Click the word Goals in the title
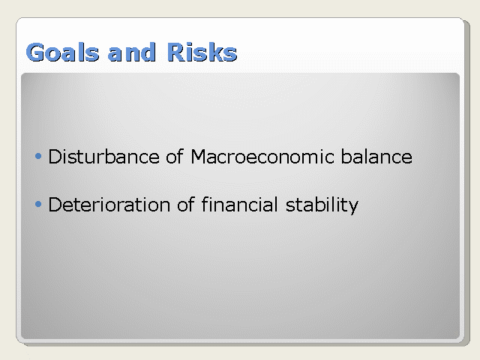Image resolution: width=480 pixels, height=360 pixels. click(x=63, y=52)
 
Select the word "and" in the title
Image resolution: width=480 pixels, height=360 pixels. click(x=132, y=52)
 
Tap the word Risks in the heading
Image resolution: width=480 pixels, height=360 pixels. click(x=202, y=52)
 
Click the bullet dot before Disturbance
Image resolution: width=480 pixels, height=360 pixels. click(x=38, y=157)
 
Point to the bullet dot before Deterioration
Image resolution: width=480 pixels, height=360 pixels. click(x=38, y=204)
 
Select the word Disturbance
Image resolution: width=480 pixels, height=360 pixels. click(x=104, y=157)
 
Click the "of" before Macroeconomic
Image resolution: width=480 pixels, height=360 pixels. click(x=175, y=156)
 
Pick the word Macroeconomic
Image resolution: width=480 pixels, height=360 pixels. click(x=262, y=157)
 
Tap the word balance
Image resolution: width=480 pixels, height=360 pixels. click(x=376, y=157)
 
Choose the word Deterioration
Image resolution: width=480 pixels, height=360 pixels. click(x=109, y=205)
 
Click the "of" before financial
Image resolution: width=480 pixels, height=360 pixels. click(x=185, y=204)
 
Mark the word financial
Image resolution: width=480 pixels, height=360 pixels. click(x=239, y=204)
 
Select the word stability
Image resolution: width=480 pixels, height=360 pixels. click(x=322, y=205)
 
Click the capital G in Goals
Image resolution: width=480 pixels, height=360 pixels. click(x=35, y=52)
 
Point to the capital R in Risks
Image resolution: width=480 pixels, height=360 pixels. click(x=176, y=52)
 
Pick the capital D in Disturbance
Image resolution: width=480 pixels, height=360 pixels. click(x=55, y=157)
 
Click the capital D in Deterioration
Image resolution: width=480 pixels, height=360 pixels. click(x=55, y=205)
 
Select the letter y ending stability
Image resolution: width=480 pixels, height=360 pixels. click(x=353, y=207)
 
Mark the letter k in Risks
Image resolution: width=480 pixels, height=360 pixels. click(x=214, y=52)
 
